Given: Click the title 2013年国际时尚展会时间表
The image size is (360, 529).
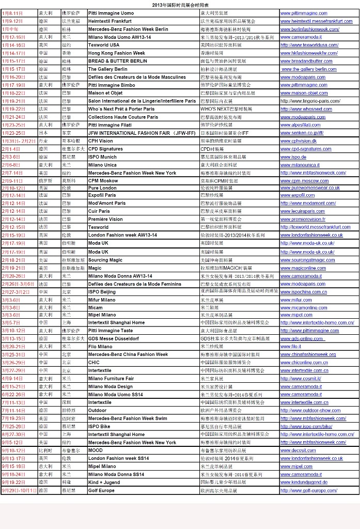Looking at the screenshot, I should (180, 4).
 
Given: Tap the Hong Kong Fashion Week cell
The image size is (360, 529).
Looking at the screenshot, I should (116, 53).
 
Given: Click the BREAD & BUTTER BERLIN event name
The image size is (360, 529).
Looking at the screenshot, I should (117, 61).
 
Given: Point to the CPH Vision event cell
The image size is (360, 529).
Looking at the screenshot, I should (100, 141).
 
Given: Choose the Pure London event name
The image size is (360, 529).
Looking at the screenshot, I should (102, 188).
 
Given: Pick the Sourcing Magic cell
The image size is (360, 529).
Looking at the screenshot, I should (105, 260).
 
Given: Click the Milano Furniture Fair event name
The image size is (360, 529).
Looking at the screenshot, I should (111, 379).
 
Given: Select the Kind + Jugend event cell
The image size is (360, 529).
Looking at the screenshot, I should (104, 482).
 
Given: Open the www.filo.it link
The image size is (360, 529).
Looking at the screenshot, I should (290, 347).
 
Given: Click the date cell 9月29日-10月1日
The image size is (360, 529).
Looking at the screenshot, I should (19, 490).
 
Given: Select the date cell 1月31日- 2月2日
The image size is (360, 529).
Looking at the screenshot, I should (19, 141).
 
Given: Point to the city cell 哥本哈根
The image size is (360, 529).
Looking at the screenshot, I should (71, 141).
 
